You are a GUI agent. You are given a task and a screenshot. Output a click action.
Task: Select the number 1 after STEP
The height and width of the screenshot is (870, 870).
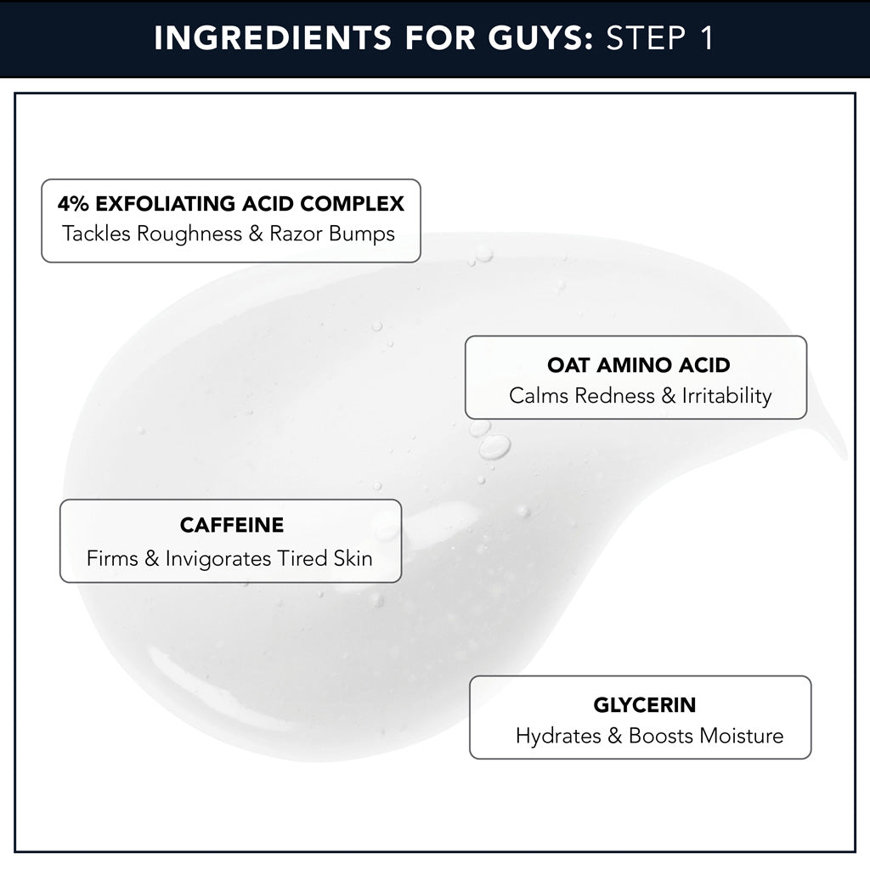704,39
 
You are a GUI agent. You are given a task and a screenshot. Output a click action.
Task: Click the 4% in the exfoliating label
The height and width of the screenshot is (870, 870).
74,204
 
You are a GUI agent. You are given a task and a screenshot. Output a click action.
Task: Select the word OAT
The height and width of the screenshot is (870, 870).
567,365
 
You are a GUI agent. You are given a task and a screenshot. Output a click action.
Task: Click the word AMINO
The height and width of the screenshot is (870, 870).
626,365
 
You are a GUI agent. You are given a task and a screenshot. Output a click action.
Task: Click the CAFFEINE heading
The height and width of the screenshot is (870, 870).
231,525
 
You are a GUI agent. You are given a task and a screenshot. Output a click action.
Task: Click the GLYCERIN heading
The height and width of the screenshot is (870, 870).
644,705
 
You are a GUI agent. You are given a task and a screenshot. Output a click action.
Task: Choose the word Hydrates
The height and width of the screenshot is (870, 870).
558,736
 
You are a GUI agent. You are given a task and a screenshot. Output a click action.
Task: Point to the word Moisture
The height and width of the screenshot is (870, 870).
741,736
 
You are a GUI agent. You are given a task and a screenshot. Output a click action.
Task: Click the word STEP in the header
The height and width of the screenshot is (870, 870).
642,39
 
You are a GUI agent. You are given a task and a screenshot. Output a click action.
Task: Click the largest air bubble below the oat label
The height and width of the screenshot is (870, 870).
494,447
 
